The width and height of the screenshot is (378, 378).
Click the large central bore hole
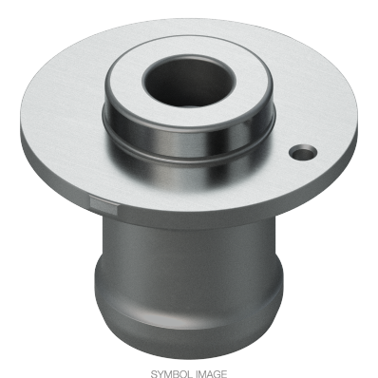(x=189, y=81)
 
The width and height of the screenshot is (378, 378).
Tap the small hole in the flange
(x=303, y=152)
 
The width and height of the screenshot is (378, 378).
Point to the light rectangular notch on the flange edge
(x=104, y=204)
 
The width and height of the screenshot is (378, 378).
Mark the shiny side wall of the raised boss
(x=189, y=140)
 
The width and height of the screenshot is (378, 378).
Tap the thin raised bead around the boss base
(x=189, y=160)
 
